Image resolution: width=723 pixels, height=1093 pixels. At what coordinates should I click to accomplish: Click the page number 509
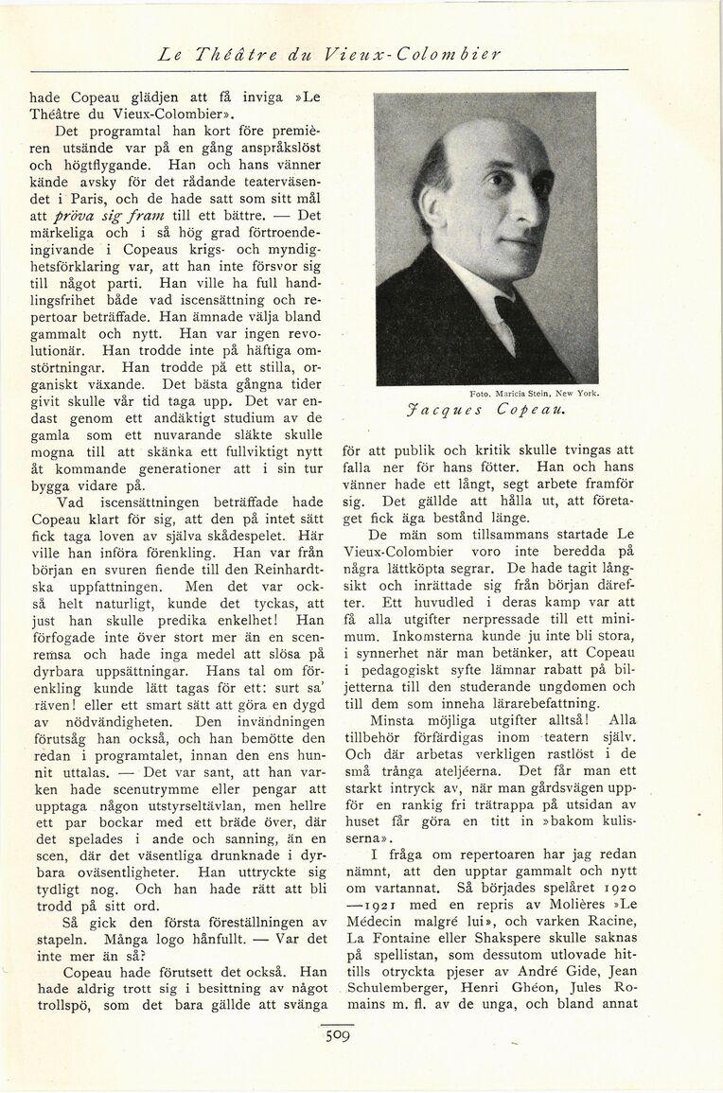pyautogui.click(x=338, y=1035)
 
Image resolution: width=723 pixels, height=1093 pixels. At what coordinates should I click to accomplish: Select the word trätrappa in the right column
pyautogui.click(x=507, y=804)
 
